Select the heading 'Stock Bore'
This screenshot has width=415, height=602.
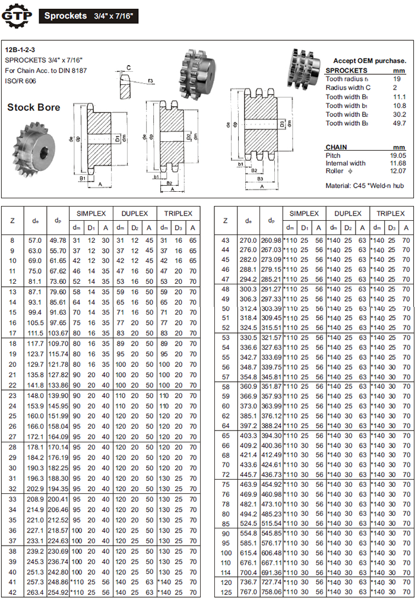coord(33,107)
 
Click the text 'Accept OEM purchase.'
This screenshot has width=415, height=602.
coord(369,61)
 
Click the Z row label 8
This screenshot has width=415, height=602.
coord(13,240)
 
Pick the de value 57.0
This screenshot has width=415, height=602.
coord(35,240)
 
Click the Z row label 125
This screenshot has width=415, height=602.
coord(225,592)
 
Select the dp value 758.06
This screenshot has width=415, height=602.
coord(270,592)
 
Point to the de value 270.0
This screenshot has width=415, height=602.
coord(248,240)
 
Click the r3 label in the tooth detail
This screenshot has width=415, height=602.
coord(151,80)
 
